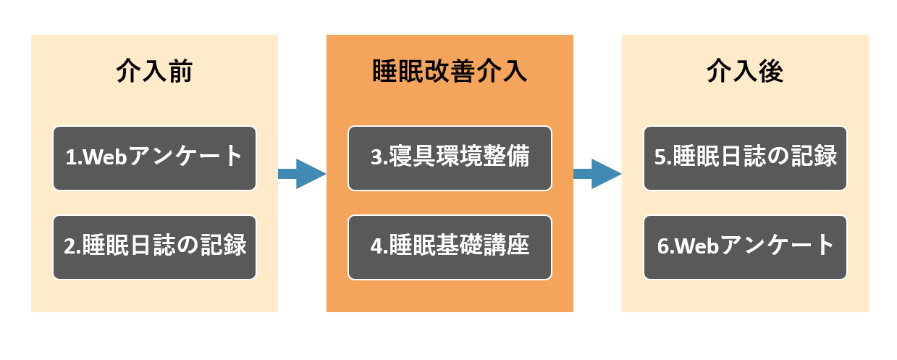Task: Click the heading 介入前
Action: pos(154,71)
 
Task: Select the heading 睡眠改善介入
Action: pos(450,71)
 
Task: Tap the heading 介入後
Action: pos(745,71)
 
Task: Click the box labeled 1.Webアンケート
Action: pos(155,158)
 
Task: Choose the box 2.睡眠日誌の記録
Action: pos(155,247)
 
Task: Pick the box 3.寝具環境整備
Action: pos(450,158)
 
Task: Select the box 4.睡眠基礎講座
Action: pos(450,247)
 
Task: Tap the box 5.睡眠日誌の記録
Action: pos(745,158)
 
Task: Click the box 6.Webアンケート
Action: pos(745,247)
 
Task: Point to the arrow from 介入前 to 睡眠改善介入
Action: pos(302,174)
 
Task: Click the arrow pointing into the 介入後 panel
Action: pos(597,174)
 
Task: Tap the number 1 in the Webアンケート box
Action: pos(71,157)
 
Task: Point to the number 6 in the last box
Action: pos(662,246)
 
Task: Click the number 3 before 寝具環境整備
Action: pos(376,157)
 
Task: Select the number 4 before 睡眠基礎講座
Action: pos(376,246)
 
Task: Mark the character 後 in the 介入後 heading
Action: pos(771,71)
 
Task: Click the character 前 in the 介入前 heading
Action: pos(180,71)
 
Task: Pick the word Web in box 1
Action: pos(105,157)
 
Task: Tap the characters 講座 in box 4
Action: pos(506,245)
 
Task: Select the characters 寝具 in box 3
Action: pos(412,156)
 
